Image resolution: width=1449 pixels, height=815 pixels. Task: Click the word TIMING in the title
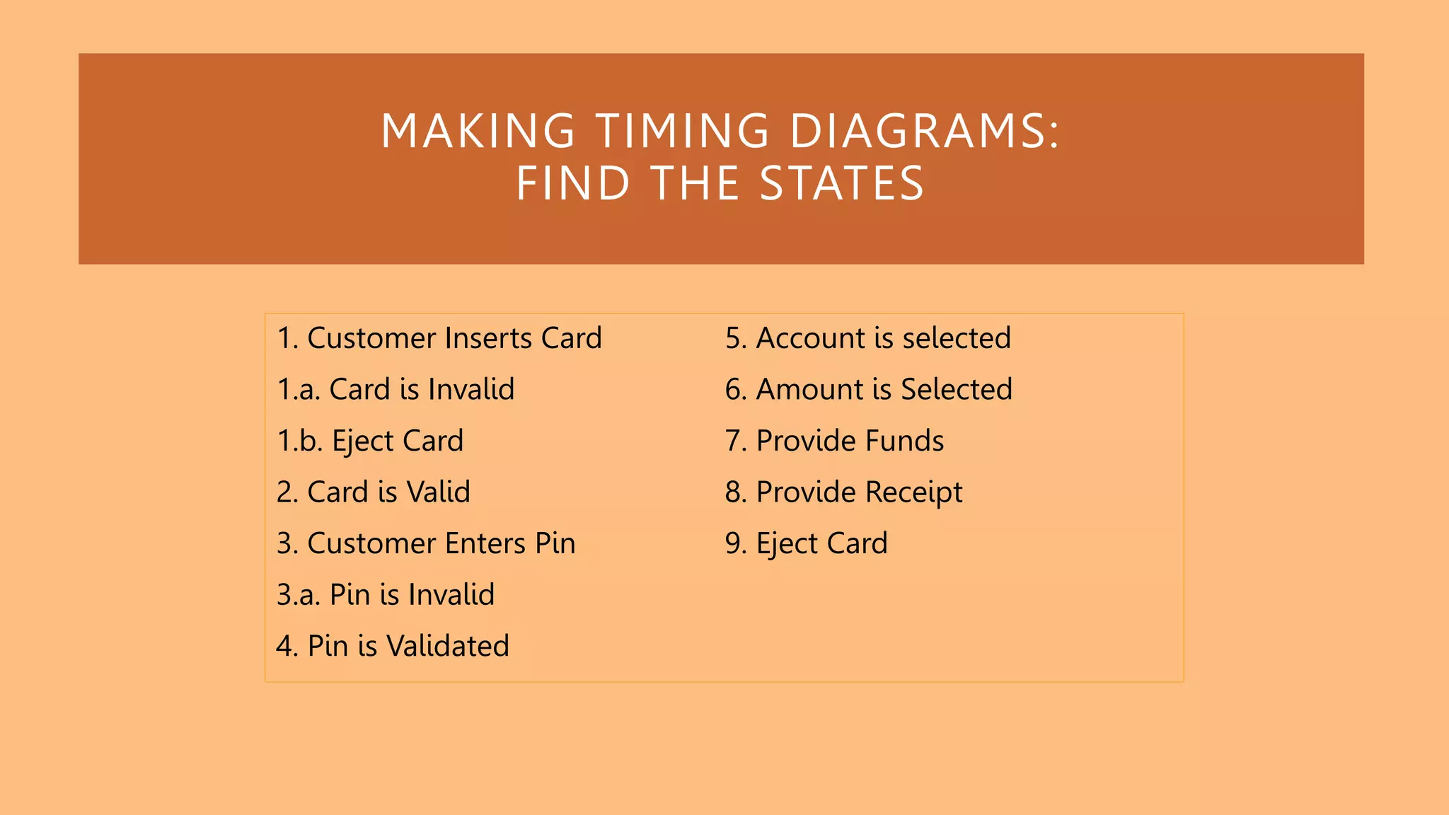tap(682, 131)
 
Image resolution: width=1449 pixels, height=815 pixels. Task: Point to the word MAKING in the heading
tap(478, 131)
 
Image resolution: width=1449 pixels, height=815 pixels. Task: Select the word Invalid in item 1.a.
tap(471, 390)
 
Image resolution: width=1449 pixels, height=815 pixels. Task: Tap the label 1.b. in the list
tap(300, 441)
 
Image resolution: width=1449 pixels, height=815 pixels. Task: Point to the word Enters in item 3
tap(485, 543)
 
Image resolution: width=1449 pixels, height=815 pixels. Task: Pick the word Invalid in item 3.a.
tap(451, 595)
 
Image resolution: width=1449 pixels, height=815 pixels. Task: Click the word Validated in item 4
tap(448, 646)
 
